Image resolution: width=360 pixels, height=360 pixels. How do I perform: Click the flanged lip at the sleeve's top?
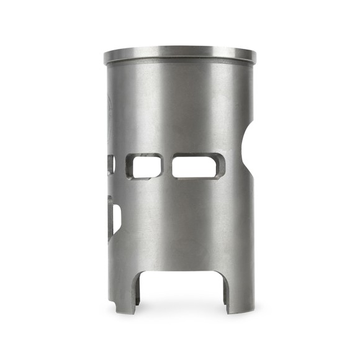tap(180, 55)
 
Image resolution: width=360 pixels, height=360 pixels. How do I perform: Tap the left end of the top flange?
tap(106, 58)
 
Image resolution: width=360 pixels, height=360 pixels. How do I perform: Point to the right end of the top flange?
tap(254, 56)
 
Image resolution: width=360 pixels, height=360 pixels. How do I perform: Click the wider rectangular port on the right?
tap(197, 166)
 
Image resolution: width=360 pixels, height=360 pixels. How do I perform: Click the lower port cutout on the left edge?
tap(114, 217)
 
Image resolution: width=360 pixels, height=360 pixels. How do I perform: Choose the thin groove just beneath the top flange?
tap(180, 64)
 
